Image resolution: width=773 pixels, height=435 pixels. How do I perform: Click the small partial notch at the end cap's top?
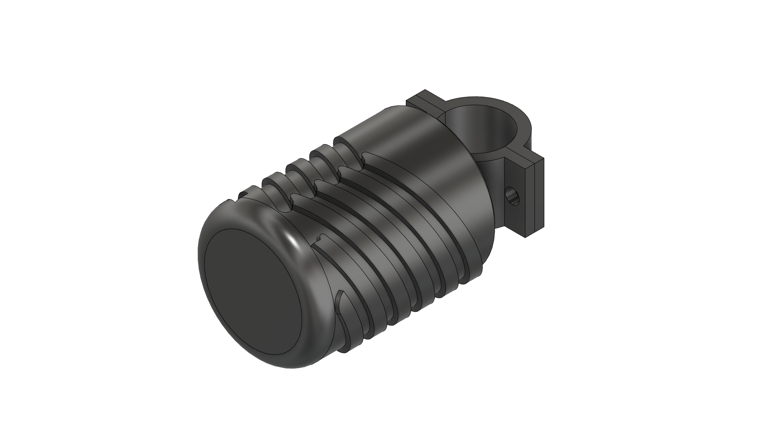click(x=242, y=196)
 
